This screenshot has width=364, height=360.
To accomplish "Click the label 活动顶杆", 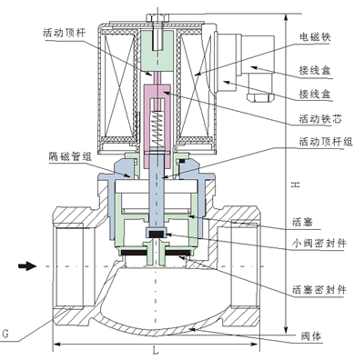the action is (65, 33).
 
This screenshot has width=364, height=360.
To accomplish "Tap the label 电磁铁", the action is (315, 37).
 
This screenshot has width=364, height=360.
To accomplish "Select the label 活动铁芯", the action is (320, 119).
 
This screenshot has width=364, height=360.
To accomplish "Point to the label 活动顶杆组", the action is (326, 141).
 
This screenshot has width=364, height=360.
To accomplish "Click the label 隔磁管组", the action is (70, 156).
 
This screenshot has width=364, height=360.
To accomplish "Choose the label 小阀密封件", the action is (319, 243).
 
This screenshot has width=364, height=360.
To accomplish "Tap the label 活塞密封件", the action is (319, 290).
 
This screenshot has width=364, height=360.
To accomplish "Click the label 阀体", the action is (311, 336).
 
